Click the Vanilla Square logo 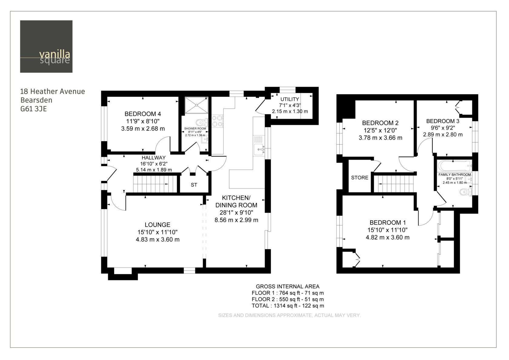click(x=46, y=47)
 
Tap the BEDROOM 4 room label click(x=143, y=114)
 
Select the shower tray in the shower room click(x=197, y=105)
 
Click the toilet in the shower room click(x=202, y=123)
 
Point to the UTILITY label click(x=290, y=99)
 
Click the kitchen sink click(x=259, y=149)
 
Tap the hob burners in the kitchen click(x=217, y=121)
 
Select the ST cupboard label click(x=194, y=185)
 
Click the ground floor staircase click(x=155, y=184)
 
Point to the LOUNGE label click(x=158, y=225)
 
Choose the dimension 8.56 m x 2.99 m click(x=236, y=220)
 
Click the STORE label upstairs click(x=360, y=178)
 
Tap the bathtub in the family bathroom click(x=454, y=166)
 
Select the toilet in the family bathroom click(x=466, y=192)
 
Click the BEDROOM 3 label click(x=443, y=121)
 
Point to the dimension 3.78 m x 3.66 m click(x=381, y=138)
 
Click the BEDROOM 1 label click(x=388, y=222)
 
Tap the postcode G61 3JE click(x=34, y=109)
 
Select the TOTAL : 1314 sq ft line click(x=288, y=306)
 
